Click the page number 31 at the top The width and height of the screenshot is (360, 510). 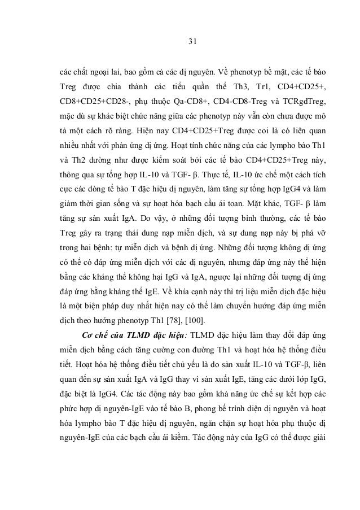click(190, 40)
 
